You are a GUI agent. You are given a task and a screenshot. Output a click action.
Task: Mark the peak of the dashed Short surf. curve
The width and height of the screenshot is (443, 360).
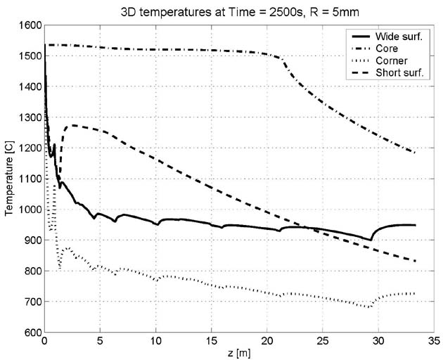click(x=70, y=126)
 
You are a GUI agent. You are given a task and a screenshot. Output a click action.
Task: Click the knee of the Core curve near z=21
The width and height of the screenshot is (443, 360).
click(x=281, y=58)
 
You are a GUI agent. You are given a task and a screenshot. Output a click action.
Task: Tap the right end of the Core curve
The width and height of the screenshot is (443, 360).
click(x=415, y=153)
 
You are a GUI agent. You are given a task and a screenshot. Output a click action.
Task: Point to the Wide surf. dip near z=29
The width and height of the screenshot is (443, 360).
click(x=371, y=240)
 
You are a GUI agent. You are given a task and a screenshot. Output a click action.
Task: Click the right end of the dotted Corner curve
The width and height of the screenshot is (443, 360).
click(x=415, y=293)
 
